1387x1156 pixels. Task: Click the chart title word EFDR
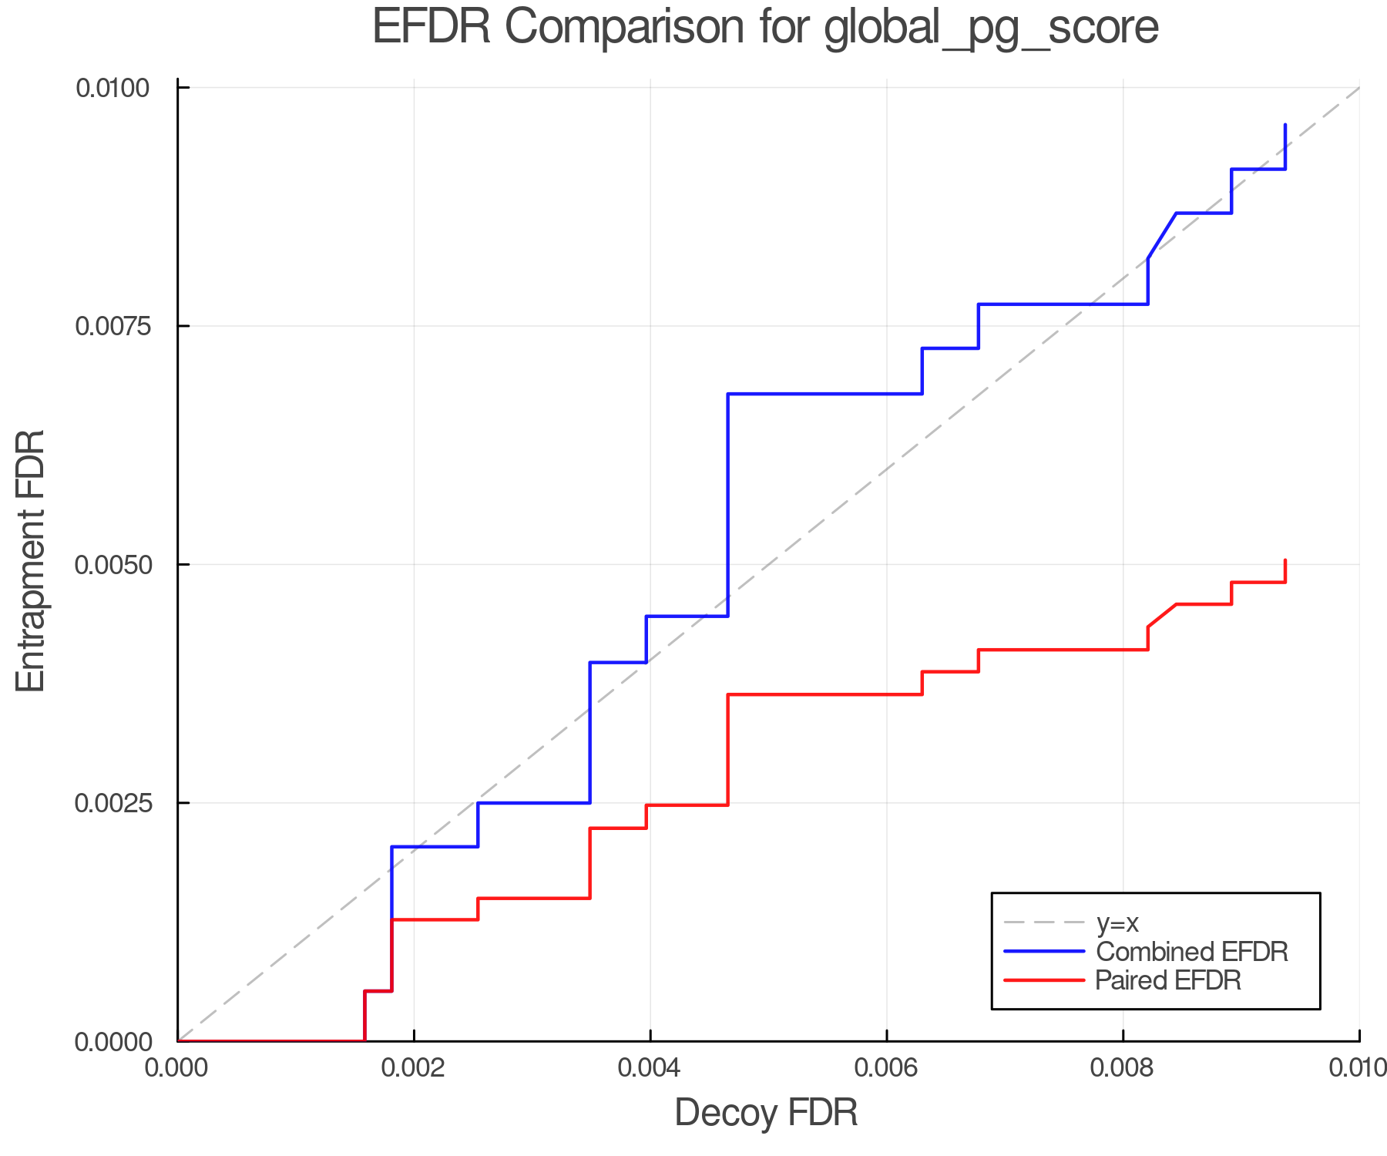pos(432,28)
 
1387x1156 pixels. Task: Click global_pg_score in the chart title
pos(991,29)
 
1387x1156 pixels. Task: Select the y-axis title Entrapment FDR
pos(31,561)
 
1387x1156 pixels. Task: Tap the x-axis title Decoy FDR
pos(766,1113)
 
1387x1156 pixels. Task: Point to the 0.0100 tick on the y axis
pos(112,88)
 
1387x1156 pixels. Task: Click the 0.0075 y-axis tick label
pos(112,326)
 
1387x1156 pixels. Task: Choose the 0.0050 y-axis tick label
pos(112,565)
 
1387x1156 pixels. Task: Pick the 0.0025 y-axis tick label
pos(112,803)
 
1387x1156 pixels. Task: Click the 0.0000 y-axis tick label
pos(112,1042)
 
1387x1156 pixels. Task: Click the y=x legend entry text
pos(1117,922)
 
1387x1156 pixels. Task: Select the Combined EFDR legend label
pos(1191,952)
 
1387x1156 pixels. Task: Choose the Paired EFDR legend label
pos(1168,980)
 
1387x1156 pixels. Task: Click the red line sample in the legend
pos(1044,980)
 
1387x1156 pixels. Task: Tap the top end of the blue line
pos(1285,125)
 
